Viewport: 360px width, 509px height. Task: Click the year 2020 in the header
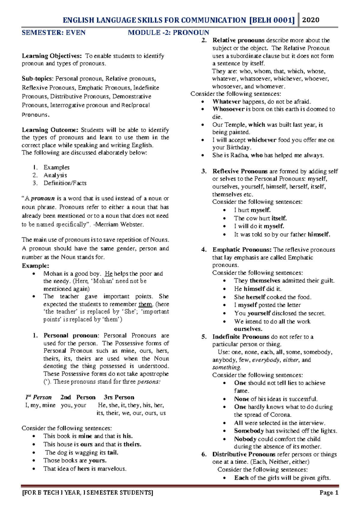pos(310,20)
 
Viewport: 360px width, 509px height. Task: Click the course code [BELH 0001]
pos(272,20)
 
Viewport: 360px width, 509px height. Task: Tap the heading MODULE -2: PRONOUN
pos(168,32)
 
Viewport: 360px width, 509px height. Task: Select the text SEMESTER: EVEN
pos(53,32)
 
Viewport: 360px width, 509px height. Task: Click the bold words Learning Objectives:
pos(52,56)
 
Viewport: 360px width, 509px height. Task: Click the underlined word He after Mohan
pos(109,274)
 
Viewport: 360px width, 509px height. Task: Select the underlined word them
pos(145,304)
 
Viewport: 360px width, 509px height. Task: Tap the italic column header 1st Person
pos(38,397)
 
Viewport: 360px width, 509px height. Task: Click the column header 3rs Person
pos(119,397)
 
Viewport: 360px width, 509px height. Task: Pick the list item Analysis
pos(55,175)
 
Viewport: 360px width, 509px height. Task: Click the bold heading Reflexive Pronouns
pos(240,171)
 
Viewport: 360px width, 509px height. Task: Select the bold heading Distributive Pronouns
pos(244,454)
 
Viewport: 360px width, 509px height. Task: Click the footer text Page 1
pos(329,493)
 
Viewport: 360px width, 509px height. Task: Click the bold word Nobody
pos(245,439)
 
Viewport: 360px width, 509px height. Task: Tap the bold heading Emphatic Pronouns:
pos(242,250)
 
